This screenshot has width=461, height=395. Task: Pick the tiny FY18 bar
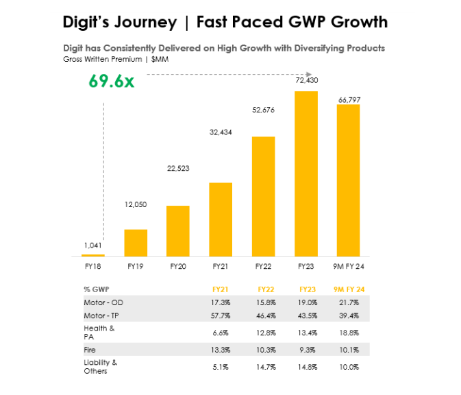[x=93, y=255]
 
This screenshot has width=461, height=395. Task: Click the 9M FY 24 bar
[x=349, y=180]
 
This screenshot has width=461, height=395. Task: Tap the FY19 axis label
[x=135, y=266]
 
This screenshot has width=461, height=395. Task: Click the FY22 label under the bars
[x=263, y=266]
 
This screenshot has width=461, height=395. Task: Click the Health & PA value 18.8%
[x=349, y=332]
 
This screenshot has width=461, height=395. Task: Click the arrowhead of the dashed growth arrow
[x=310, y=74]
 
